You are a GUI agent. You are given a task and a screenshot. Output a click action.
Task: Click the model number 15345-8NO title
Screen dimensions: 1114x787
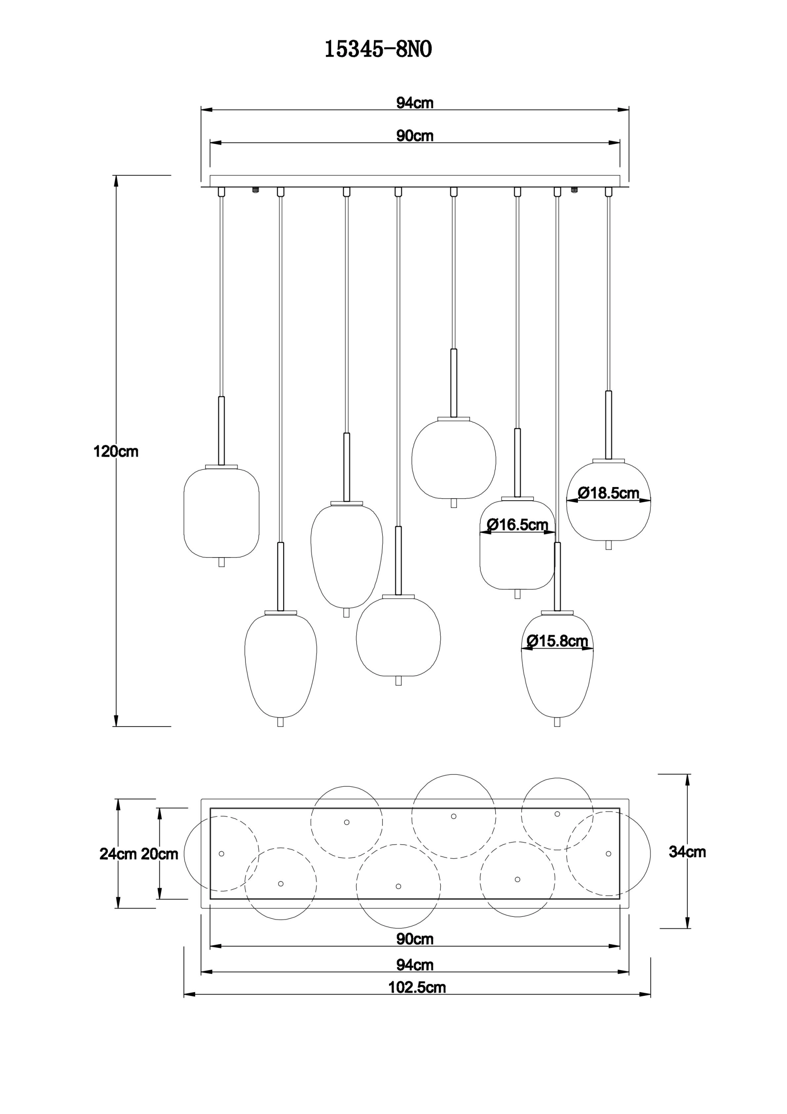(x=378, y=50)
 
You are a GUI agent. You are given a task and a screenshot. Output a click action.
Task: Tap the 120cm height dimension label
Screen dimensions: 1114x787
(x=116, y=452)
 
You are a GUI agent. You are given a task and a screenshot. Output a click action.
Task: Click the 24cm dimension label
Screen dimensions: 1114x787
(x=117, y=854)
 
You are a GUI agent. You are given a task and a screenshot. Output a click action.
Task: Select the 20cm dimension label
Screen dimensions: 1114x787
(x=159, y=854)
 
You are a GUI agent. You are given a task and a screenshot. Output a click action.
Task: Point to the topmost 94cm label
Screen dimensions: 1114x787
(x=415, y=103)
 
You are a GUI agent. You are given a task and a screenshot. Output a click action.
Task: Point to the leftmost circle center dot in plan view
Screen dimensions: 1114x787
(x=221, y=854)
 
